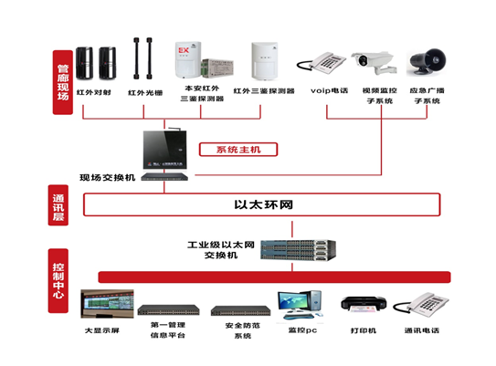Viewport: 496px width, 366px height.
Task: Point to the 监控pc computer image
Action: [300, 304]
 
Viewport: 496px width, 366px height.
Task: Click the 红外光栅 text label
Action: [144, 93]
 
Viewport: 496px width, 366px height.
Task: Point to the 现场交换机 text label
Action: [108, 177]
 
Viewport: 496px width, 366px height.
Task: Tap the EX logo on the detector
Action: [184, 48]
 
